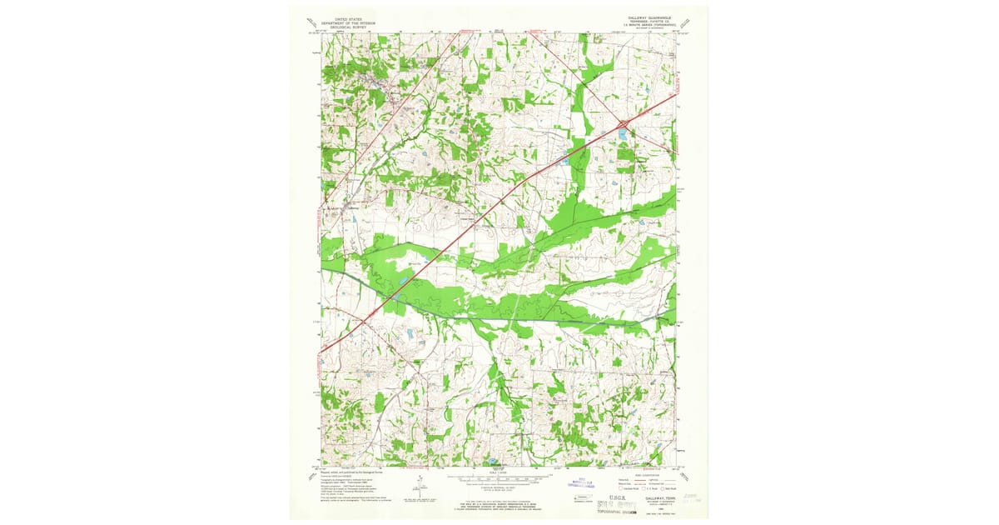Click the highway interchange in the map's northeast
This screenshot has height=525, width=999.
tap(623, 126)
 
